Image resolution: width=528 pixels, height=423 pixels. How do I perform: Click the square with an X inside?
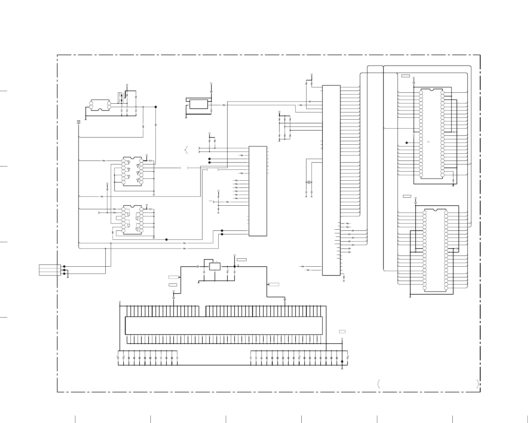[79, 122]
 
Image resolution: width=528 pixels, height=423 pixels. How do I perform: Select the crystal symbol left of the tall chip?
[309, 182]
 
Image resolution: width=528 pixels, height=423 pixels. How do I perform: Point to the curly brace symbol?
[186, 150]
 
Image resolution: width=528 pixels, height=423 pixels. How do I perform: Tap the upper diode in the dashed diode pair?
[122, 96]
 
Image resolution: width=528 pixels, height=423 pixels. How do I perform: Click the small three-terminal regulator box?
[215, 266]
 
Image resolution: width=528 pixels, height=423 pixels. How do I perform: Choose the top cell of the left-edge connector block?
[50, 266]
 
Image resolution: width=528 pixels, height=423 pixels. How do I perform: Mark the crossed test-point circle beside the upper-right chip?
[407, 143]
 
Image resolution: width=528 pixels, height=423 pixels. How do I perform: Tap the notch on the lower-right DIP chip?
[435, 210]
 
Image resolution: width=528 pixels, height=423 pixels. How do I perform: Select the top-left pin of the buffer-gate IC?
[123, 161]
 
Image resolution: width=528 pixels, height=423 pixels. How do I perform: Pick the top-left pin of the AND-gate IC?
[123, 209]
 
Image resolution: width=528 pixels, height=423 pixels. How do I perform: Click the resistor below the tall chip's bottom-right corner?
[344, 277]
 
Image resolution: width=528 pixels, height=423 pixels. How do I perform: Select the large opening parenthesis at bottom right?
[378, 384]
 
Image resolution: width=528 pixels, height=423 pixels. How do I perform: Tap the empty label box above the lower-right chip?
[407, 197]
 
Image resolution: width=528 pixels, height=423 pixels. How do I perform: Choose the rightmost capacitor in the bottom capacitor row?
[348, 357]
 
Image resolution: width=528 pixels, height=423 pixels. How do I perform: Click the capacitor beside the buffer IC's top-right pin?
[150, 161]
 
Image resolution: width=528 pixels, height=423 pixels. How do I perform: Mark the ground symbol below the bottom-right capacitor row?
[342, 369]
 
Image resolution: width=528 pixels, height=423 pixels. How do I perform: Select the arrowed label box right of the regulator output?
[274, 284]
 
